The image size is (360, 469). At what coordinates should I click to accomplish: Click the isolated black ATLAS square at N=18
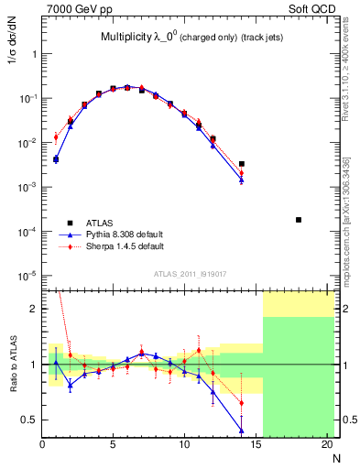tap(299, 220)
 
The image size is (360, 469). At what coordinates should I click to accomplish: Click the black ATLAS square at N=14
tap(242, 164)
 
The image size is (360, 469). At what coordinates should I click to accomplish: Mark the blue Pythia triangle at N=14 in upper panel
tap(242, 180)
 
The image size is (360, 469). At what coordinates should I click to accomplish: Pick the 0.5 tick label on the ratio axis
tap(28, 420)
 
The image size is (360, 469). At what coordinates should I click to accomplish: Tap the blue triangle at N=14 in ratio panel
tap(242, 430)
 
